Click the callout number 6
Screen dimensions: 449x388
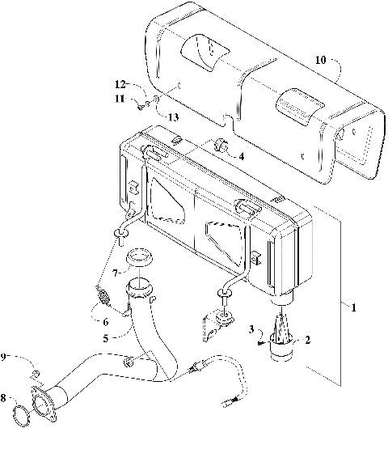coord(104,322)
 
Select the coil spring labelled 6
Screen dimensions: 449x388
coord(103,296)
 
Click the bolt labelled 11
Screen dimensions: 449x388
coord(141,104)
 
